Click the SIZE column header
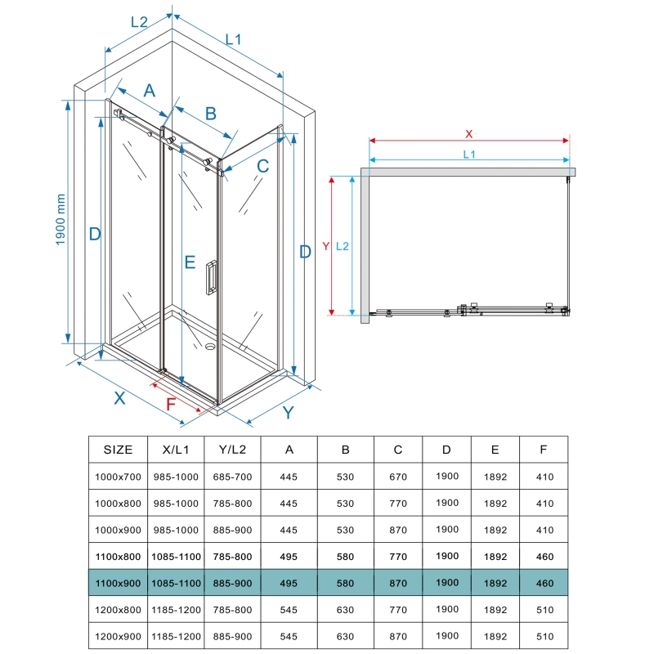tap(119, 449)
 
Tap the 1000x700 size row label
tap(119, 477)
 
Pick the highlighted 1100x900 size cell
tap(119, 584)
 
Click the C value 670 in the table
tap(398, 477)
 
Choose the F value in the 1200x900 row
tap(544, 636)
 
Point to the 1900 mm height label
tap(60, 219)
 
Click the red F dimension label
tap(171, 404)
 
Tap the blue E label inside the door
tap(190, 262)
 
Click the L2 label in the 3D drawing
tap(139, 22)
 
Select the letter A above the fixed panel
tap(150, 91)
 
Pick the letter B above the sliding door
tap(210, 113)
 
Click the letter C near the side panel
tap(262, 167)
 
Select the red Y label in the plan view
tap(325, 245)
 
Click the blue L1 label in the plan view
tap(468, 154)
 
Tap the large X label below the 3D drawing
tap(119, 398)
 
